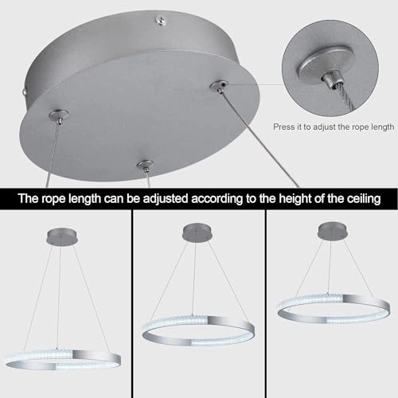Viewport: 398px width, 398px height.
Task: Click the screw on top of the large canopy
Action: tap(162, 18)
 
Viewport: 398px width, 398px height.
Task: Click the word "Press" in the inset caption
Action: tap(287, 126)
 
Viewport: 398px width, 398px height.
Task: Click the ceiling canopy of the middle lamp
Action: tap(197, 232)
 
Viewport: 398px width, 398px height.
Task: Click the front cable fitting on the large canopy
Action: tap(145, 166)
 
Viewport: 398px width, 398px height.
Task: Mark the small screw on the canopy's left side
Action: tap(27, 91)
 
